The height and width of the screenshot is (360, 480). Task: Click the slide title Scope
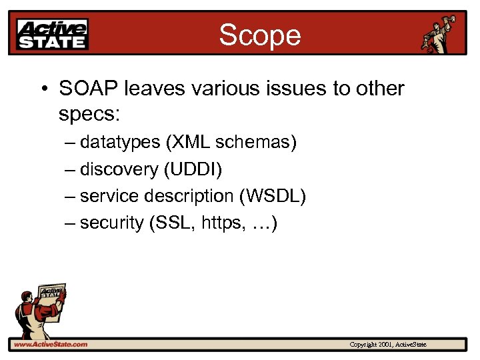260,35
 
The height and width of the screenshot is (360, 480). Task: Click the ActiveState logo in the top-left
53,34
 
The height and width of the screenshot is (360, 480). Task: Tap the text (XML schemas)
231,142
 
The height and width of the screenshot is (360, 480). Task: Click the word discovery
119,169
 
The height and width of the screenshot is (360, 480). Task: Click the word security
111,223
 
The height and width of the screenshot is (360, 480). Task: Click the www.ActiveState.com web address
51,345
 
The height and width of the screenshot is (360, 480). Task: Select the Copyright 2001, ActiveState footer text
388,345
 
